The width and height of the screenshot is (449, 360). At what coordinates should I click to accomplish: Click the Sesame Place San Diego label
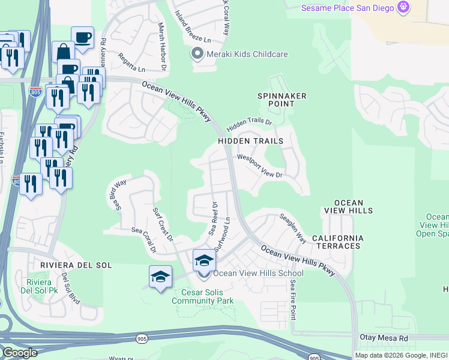[x=347, y=8]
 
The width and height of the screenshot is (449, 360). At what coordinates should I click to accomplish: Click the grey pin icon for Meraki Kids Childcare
[x=196, y=55]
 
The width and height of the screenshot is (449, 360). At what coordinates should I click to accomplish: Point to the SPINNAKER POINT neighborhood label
[x=282, y=100]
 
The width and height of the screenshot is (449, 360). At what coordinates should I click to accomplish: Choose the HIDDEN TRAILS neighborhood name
[x=250, y=141]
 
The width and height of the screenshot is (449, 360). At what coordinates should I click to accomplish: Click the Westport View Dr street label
[x=259, y=166]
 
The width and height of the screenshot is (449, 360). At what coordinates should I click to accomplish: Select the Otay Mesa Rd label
[x=384, y=338]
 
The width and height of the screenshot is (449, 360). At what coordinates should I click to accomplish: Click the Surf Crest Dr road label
[x=163, y=224]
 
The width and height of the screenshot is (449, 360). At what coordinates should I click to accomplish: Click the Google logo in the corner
[x=20, y=353]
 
